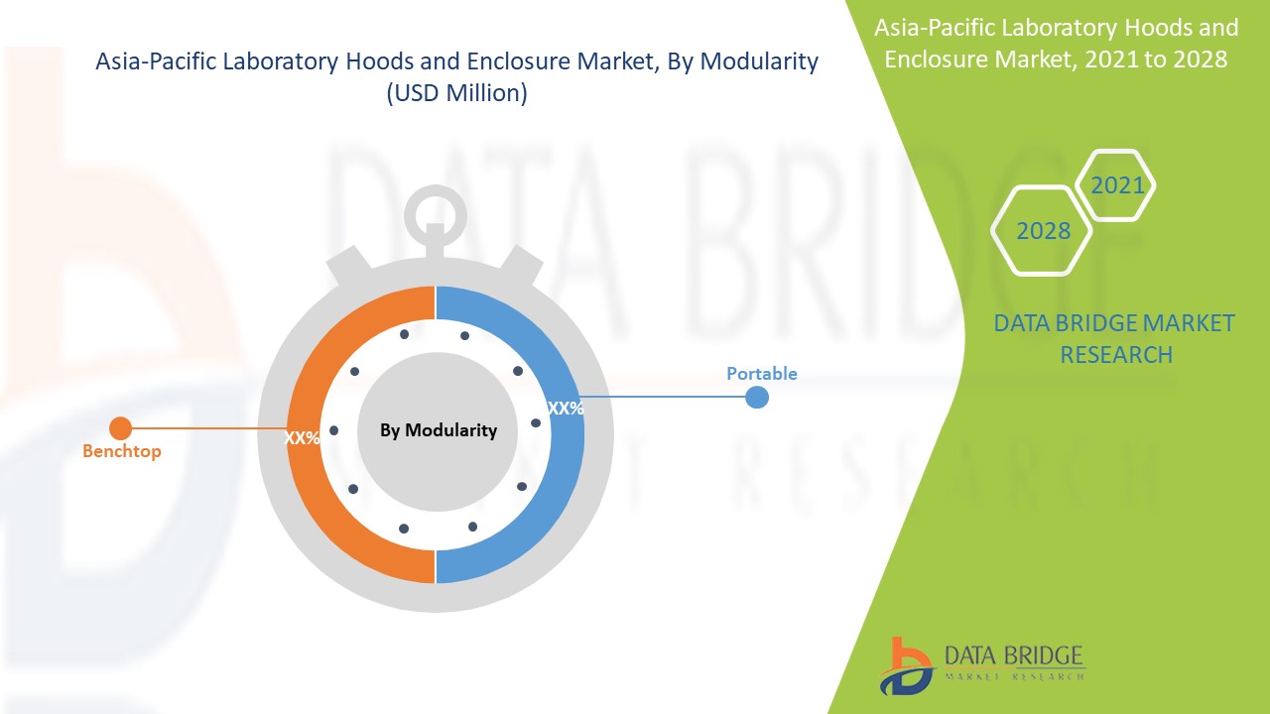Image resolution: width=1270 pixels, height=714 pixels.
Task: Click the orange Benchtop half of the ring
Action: click(x=304, y=434)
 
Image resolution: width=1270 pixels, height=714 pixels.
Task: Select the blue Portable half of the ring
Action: click(x=567, y=434)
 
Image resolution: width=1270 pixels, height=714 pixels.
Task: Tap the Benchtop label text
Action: click(x=122, y=451)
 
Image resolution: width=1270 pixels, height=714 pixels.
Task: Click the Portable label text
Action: click(x=762, y=374)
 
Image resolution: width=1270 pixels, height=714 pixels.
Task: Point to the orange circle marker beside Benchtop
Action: click(x=120, y=428)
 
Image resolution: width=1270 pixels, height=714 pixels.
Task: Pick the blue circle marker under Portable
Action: click(x=756, y=398)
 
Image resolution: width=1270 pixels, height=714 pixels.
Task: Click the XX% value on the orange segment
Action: click(x=302, y=438)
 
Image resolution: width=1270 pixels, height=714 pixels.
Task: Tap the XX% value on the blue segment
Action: click(x=566, y=408)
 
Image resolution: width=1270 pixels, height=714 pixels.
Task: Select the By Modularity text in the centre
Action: click(x=439, y=430)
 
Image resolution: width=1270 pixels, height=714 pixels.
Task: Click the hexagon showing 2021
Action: click(x=1116, y=185)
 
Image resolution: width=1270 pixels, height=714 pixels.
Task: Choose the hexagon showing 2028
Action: click(x=1042, y=231)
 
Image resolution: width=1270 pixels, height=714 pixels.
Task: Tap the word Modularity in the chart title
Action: click(x=759, y=61)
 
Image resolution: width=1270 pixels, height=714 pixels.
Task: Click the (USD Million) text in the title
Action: click(x=457, y=93)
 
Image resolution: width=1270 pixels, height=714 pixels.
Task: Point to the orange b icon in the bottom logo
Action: click(x=907, y=664)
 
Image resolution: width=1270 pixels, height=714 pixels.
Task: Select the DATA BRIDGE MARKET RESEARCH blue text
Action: click(x=1114, y=339)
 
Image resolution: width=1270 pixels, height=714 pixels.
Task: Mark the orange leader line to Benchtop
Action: click(x=209, y=428)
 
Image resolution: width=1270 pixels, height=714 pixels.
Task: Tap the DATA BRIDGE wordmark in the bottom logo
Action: click(x=1014, y=656)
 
